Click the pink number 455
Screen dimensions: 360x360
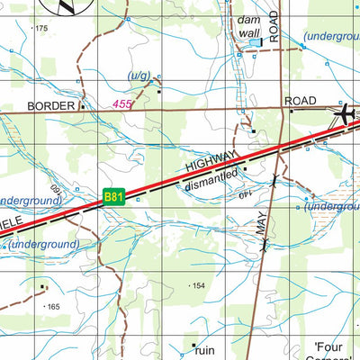point(123,104)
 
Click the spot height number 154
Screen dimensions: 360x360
point(199,285)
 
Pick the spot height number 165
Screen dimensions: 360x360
point(53,307)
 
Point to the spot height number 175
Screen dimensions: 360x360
point(40,29)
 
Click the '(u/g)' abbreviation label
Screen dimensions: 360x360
point(140,76)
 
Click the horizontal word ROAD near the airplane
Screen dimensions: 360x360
point(301,102)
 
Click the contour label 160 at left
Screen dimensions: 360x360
point(54,191)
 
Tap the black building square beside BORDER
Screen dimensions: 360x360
point(83,105)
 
